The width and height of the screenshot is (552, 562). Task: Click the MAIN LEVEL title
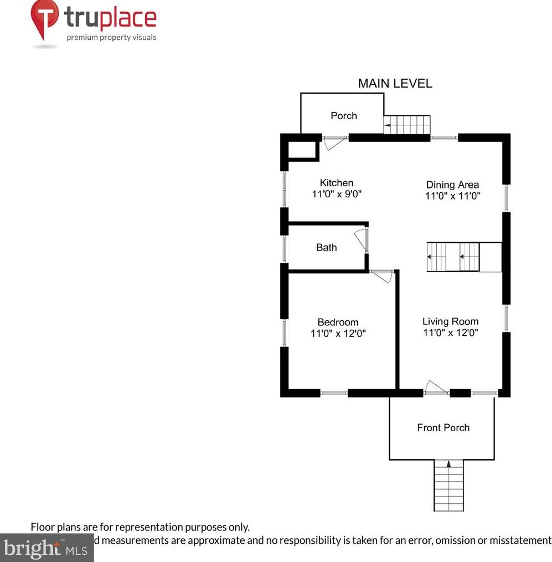[395, 84]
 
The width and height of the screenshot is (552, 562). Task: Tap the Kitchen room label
[336, 183]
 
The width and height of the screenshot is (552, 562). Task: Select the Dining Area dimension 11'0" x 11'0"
[452, 196]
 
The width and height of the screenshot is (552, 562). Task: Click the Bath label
[326, 248]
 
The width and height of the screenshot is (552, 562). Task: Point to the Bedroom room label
[338, 322]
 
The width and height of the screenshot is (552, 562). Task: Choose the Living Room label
[450, 321]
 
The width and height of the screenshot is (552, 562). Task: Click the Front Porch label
[443, 427]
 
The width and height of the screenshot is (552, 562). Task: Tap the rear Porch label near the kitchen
[343, 116]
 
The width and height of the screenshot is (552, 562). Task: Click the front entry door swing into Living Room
[437, 389]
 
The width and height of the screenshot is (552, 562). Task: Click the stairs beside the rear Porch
[407, 125]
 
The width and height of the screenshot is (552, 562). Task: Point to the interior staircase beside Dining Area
[453, 257]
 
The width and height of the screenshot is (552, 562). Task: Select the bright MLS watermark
[47, 549]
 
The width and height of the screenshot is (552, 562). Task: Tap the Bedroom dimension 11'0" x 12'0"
[338, 333]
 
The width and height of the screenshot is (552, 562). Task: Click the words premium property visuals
[111, 38]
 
